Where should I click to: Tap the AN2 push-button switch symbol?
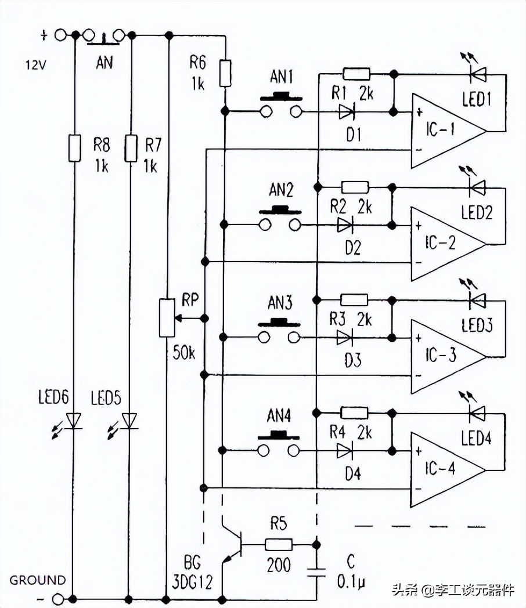(x=280, y=219)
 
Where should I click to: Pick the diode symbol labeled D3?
(x=346, y=337)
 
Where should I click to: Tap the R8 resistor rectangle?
(x=74, y=148)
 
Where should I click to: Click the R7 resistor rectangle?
(x=131, y=148)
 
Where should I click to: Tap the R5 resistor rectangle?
(x=278, y=545)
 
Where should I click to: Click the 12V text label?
(x=35, y=65)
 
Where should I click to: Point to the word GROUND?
(x=38, y=580)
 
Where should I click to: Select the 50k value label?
(x=183, y=353)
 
